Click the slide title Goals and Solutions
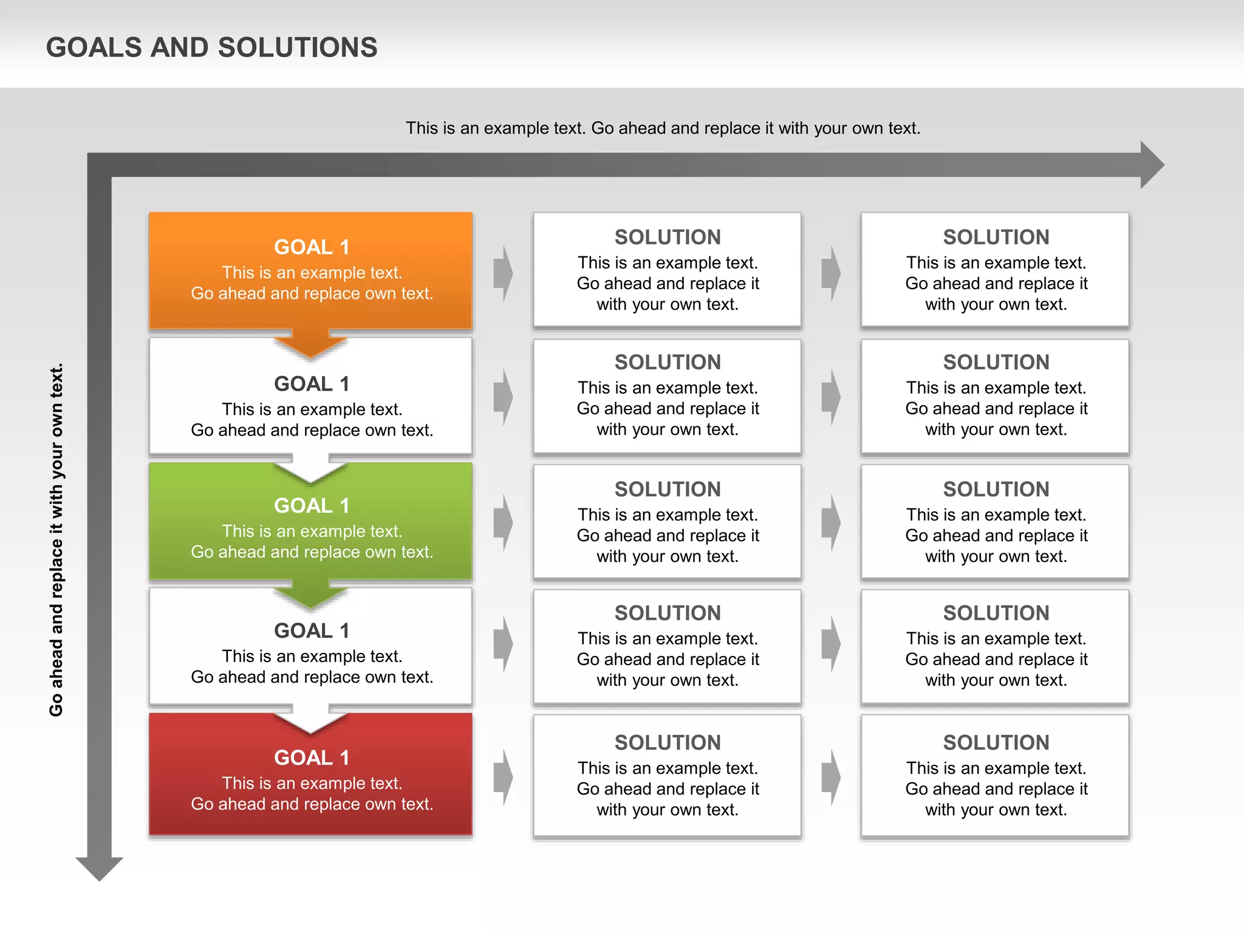point(211,47)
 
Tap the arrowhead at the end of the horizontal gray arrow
point(1151,165)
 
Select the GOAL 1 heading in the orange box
point(311,247)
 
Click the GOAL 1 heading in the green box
point(311,505)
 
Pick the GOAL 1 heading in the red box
point(311,757)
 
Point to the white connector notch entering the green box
point(310,470)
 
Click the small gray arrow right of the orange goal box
point(503,273)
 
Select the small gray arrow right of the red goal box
point(503,777)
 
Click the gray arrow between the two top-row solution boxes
point(831,273)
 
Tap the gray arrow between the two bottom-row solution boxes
point(831,777)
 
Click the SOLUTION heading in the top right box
point(996,237)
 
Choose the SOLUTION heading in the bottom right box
point(996,742)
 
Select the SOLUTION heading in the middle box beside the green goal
point(667,489)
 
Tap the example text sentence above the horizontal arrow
point(663,128)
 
